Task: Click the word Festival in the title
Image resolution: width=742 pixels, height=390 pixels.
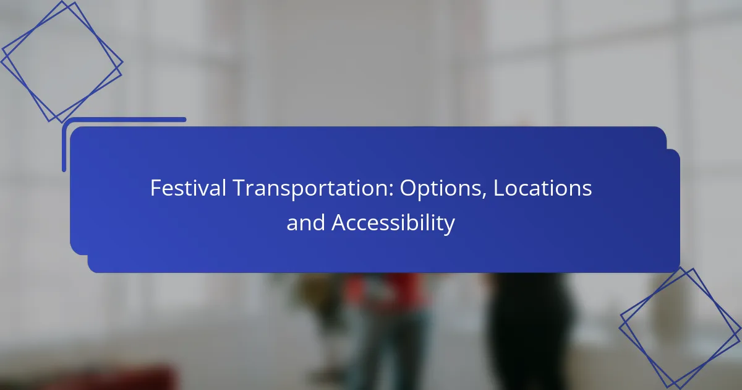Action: coord(188,188)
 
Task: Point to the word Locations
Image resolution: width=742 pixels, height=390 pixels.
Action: coord(542,188)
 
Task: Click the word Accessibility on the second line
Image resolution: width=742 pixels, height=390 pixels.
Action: coord(393,223)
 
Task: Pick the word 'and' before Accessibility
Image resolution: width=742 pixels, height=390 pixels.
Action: coord(305,222)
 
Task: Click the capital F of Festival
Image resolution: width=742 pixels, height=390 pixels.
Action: coord(156,188)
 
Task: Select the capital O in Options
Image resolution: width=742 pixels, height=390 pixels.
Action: coord(409,188)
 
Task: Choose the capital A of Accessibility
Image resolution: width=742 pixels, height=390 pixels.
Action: coord(340,222)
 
